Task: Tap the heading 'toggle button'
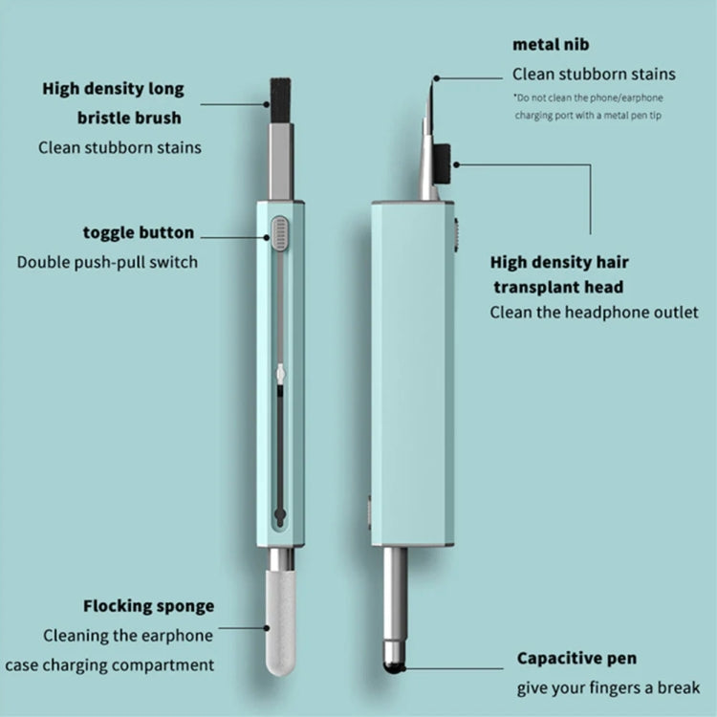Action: pos(138,232)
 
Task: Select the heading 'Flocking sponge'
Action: pos(148,606)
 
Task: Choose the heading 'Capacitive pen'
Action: pos(576,658)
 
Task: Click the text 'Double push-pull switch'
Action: pos(107,261)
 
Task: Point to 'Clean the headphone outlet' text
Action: pos(594,312)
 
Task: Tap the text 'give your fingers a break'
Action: pos(608,687)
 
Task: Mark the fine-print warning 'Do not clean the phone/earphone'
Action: pos(588,98)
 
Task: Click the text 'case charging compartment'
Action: pos(110,664)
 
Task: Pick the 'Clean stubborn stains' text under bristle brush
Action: pos(119,147)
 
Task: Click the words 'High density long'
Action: pos(113,90)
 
